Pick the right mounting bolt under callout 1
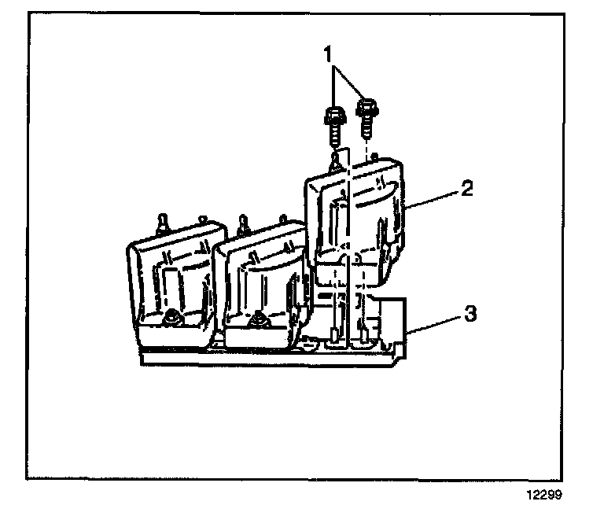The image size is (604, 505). [366, 114]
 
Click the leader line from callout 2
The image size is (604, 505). [433, 198]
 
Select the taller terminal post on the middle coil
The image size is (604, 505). [242, 223]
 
